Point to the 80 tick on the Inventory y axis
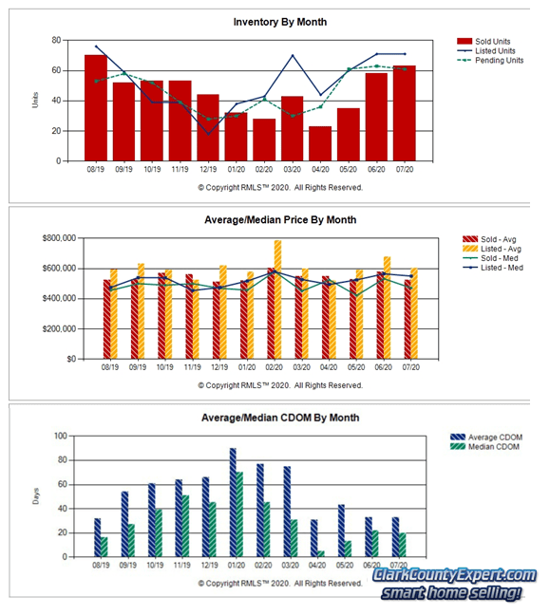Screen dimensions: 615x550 click(x=56, y=40)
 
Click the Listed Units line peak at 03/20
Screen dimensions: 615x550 click(x=293, y=55)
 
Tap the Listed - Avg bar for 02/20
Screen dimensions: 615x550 click(x=278, y=300)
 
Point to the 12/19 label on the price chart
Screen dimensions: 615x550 click(x=218, y=366)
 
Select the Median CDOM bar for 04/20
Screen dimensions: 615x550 click(x=322, y=553)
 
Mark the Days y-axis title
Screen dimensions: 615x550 click(x=36, y=496)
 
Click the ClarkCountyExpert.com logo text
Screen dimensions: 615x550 click(x=454, y=576)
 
